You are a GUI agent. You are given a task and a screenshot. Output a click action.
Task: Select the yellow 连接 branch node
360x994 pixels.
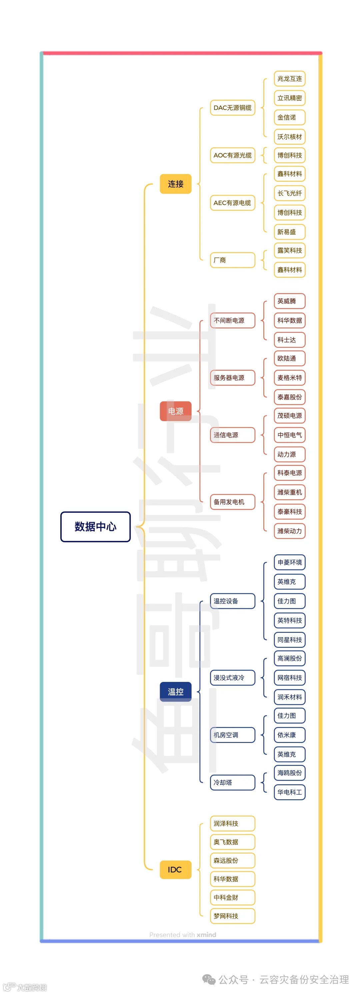pos(176,184)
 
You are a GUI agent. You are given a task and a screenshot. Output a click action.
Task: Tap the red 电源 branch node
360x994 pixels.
pos(176,411)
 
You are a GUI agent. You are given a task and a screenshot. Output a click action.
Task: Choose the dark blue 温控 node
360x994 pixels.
pos(176,692)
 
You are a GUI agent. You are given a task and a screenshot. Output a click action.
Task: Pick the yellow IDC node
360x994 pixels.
pos(176,869)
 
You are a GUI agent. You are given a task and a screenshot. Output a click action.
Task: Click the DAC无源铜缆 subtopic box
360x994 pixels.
pos(232,108)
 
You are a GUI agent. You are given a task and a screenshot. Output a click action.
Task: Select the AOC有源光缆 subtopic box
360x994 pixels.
pos(232,155)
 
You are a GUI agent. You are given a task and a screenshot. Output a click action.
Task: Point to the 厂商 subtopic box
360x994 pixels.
pos(232,260)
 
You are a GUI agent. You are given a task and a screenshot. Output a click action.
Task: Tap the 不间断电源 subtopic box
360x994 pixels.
pos(232,320)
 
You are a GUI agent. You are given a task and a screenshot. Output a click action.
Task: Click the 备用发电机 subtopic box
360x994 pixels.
pos(232,502)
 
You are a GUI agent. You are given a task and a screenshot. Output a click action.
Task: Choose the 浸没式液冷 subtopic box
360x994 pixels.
pos(232,678)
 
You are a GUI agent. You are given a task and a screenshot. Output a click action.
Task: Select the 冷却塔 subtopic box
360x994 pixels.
pos(232,782)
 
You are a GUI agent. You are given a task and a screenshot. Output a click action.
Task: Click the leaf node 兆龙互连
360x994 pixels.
pos(289,79)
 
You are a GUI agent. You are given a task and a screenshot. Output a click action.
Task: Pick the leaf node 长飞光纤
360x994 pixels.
pos(289,193)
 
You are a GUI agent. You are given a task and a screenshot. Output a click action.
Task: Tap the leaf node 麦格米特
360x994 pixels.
pos(289,377)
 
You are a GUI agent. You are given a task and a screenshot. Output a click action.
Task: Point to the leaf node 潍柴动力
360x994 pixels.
pos(289,531)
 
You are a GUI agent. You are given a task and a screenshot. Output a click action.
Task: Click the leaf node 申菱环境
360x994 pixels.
pos(289,562)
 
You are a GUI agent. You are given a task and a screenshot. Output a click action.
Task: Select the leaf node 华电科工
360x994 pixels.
pos(289,792)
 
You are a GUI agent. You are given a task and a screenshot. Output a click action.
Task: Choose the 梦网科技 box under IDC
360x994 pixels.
pos(232,916)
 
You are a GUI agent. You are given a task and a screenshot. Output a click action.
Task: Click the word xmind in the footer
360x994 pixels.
pos(206,935)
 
